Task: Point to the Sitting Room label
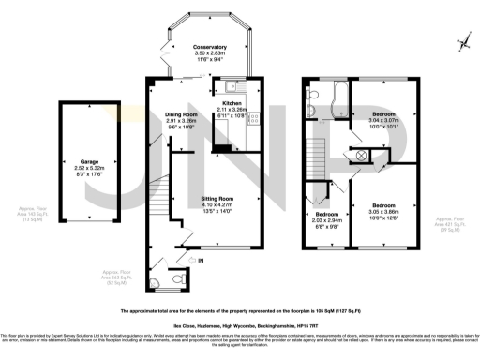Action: [220, 199]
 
